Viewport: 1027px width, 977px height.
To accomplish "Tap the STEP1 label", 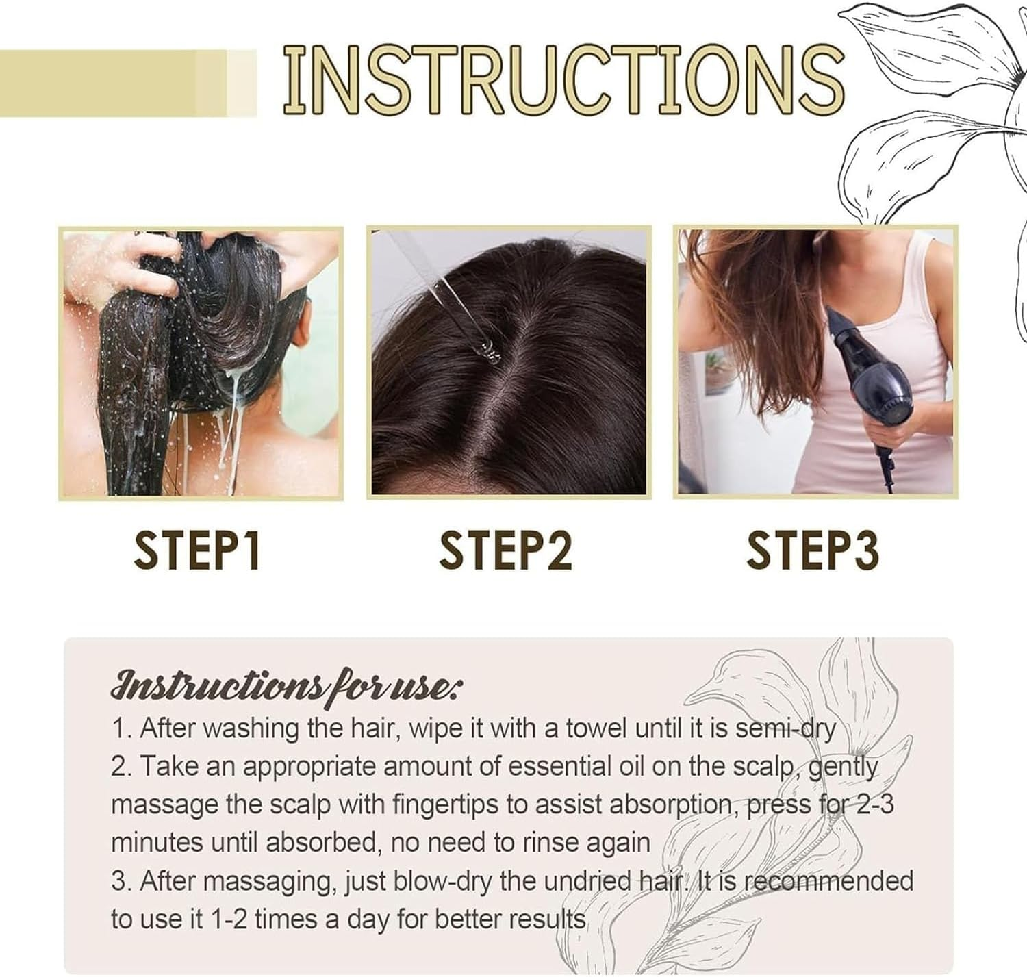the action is click(196, 550).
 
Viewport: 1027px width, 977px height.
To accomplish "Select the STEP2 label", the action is click(505, 550).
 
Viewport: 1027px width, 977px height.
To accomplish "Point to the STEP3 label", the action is click(813, 550).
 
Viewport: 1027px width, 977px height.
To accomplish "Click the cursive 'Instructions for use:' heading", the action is click(286, 685).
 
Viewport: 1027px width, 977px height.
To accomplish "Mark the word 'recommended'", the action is click(828, 881).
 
